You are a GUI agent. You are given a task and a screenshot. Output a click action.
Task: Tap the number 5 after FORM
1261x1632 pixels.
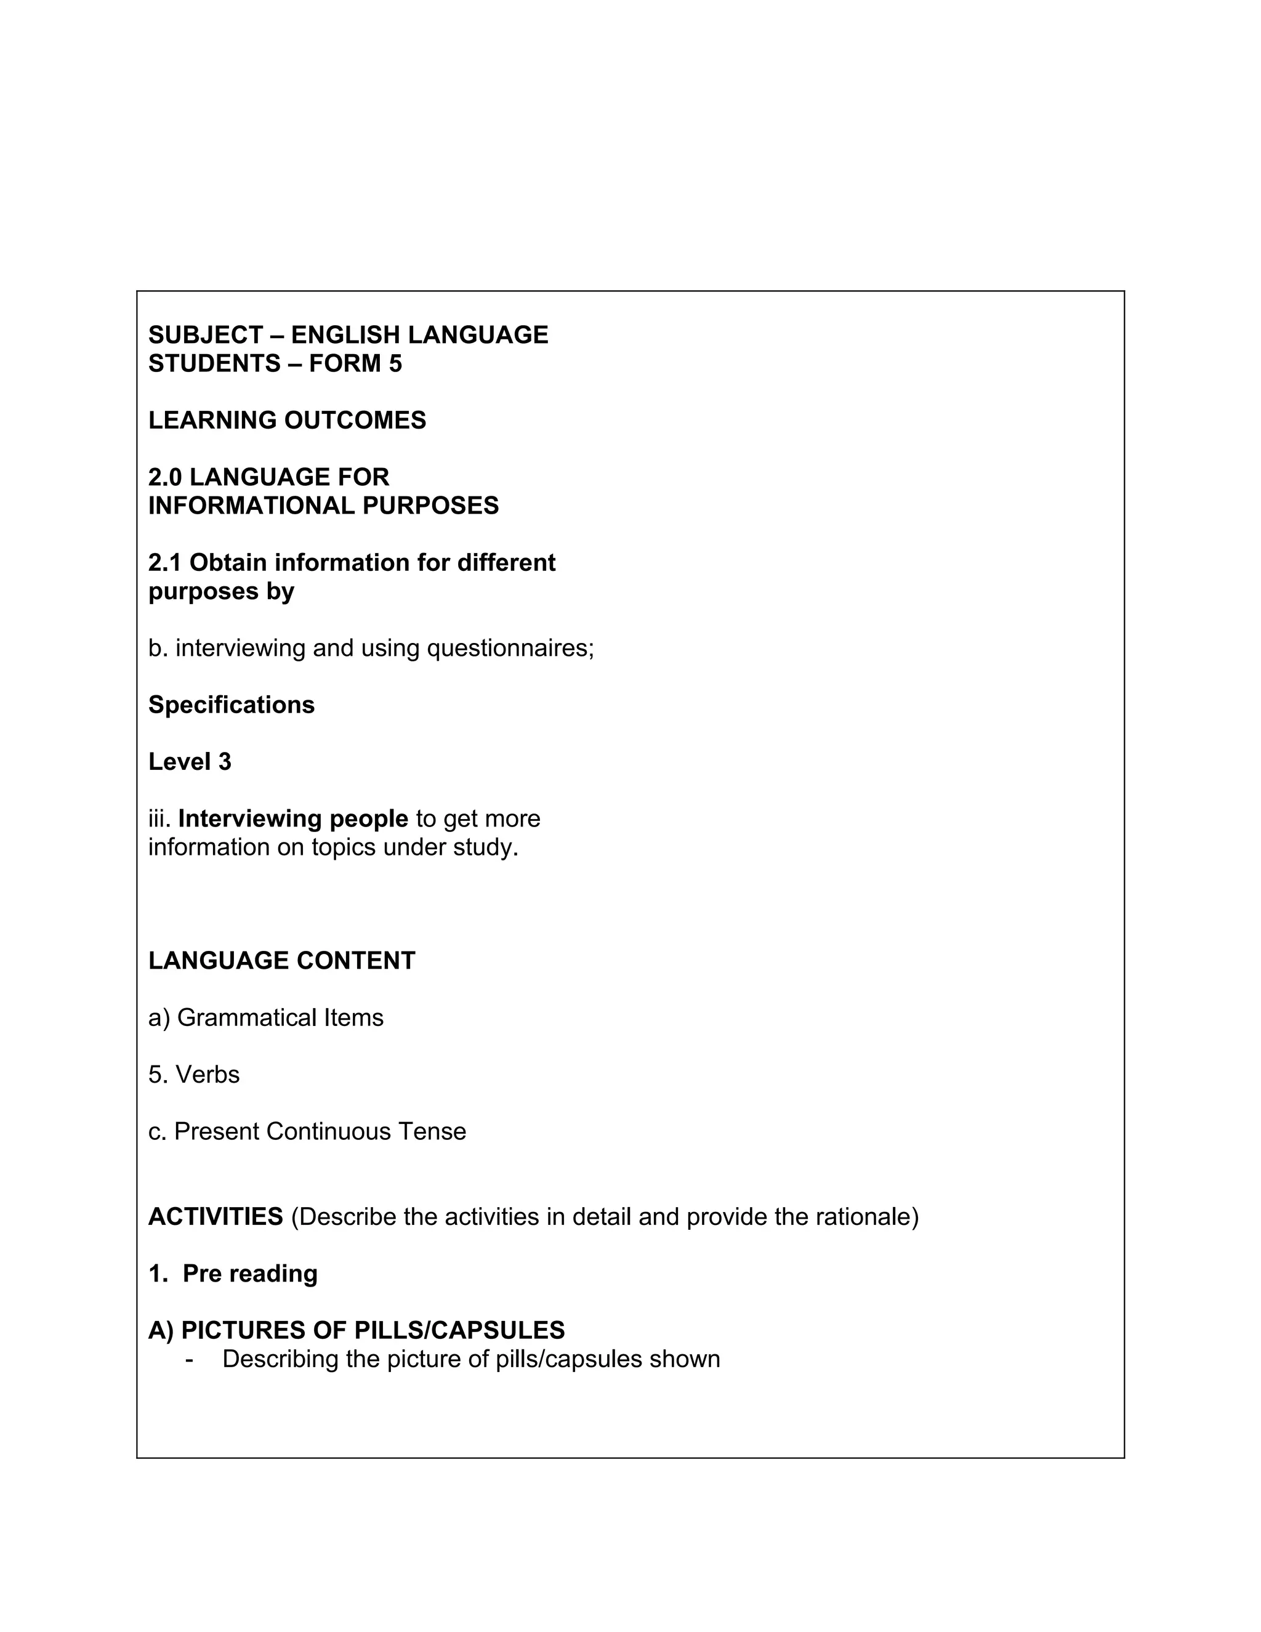pyautogui.click(x=395, y=364)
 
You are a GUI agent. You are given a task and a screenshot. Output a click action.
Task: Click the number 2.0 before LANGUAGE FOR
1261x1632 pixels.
pyautogui.click(x=165, y=477)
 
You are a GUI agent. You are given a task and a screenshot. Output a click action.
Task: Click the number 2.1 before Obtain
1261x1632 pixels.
pyautogui.click(x=165, y=563)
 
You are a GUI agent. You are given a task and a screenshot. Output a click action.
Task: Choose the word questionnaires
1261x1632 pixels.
pyautogui.click(x=510, y=648)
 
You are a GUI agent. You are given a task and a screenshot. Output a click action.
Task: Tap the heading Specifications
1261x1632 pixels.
pyautogui.click(x=232, y=705)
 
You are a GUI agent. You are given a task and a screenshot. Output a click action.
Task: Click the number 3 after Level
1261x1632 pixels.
pyautogui.click(x=224, y=761)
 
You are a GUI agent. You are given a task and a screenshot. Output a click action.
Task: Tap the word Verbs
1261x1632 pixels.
pyautogui.click(x=207, y=1075)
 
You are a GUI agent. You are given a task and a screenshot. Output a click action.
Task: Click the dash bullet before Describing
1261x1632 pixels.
pyautogui.click(x=190, y=1359)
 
